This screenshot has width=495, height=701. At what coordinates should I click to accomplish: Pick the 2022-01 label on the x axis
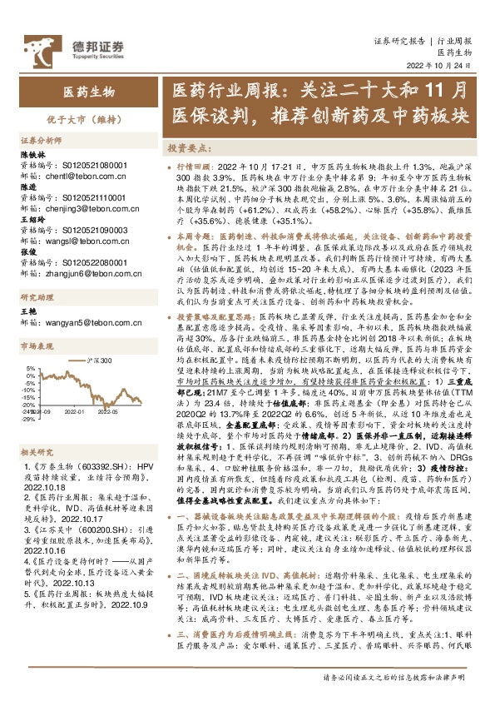[x=75, y=410]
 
